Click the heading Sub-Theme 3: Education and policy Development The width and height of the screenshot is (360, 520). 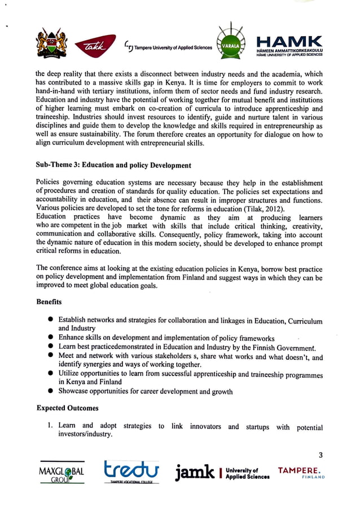click(113, 165)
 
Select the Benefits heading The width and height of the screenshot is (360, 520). click(49, 302)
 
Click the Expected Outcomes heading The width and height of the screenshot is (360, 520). click(67, 408)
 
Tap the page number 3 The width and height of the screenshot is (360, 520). click(321, 455)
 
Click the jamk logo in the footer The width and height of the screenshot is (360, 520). click(195, 472)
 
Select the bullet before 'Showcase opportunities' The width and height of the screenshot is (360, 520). click(51, 391)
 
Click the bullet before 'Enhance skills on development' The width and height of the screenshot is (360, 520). click(51, 337)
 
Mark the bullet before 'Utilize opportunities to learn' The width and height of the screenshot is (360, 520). click(51, 373)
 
